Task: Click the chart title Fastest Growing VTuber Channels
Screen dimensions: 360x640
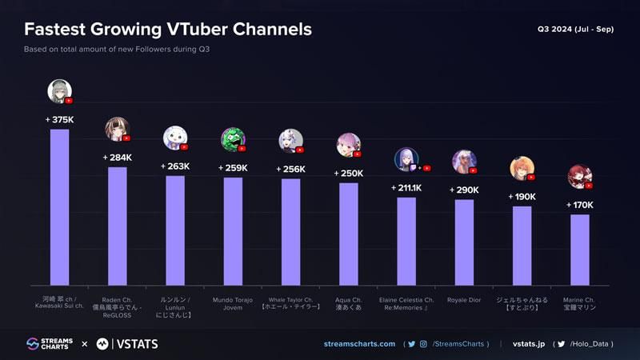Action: pyautogui.click(x=168, y=30)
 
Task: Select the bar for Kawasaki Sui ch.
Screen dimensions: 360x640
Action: pyautogui.click(x=59, y=207)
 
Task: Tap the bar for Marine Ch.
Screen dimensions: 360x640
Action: pyautogui.click(x=580, y=250)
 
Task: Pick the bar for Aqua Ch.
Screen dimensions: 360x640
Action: pyautogui.click(x=349, y=234)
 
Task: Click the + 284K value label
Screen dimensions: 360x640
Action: pyautogui.click(x=117, y=158)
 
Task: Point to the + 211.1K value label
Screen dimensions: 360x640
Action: pyautogui.click(x=406, y=188)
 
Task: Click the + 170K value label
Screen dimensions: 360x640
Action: pyautogui.click(x=579, y=205)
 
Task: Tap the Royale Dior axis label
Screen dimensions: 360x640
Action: pyautogui.click(x=464, y=299)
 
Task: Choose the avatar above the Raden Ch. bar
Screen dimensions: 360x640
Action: pyautogui.click(x=116, y=129)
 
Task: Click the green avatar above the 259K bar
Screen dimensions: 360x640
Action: pyautogui.click(x=232, y=139)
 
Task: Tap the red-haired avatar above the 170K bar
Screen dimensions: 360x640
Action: pyautogui.click(x=578, y=175)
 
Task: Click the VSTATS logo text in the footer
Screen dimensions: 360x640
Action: pyautogui.click(x=128, y=344)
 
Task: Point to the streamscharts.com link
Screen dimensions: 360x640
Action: pyautogui.click(x=359, y=344)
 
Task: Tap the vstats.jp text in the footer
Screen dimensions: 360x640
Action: pyautogui.click(x=529, y=344)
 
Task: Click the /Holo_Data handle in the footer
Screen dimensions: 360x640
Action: pyautogui.click(x=591, y=344)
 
